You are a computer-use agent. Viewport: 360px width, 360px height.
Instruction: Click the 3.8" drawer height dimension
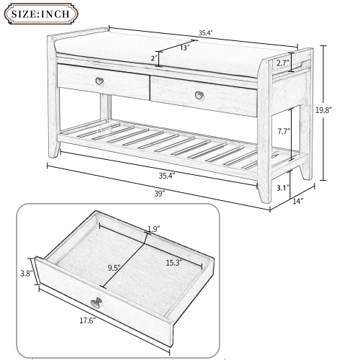[24, 273]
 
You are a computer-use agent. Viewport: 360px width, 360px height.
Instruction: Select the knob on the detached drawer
[95, 301]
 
